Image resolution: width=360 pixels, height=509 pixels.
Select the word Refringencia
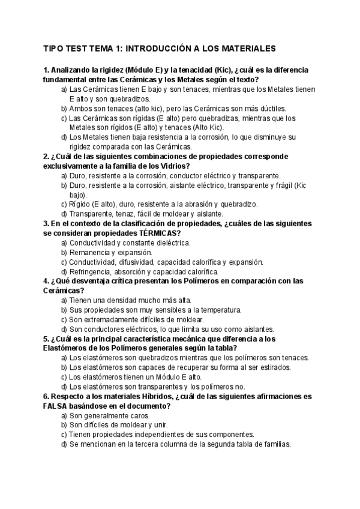[x=91, y=271]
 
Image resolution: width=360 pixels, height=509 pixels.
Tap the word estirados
[x=274, y=367]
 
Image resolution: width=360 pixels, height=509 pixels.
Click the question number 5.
[x=46, y=339]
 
